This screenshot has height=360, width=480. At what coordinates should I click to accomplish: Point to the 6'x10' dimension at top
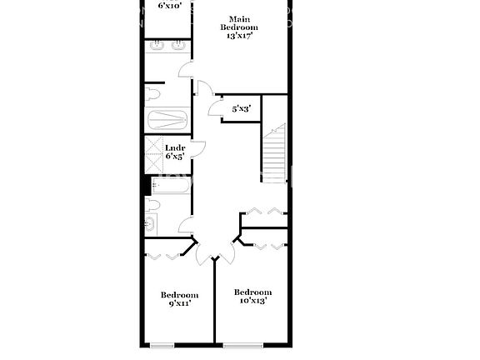click(171, 5)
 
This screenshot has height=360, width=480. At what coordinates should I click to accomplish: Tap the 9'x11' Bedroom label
click(179, 299)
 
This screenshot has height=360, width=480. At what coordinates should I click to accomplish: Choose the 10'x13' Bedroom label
click(252, 296)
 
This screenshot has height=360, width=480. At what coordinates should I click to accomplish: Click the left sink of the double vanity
click(158, 47)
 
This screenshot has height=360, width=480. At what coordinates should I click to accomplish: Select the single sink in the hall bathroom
click(151, 222)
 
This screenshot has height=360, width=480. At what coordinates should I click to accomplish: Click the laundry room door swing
click(198, 149)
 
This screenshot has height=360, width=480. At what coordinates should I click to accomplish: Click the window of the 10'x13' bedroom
click(242, 345)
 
